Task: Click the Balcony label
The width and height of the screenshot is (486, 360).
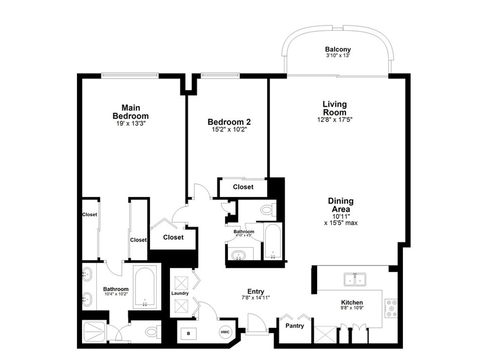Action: [338, 49]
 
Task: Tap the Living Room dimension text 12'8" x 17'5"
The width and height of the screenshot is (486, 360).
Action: [335, 119]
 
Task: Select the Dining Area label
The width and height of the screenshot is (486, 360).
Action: [341, 205]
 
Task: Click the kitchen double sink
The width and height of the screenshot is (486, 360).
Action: [355, 279]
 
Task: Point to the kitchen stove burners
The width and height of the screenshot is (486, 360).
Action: [391, 308]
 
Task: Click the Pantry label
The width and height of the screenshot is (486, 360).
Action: [294, 326]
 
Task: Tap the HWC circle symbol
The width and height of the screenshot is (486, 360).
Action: [225, 332]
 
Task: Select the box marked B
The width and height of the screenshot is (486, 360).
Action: [188, 334]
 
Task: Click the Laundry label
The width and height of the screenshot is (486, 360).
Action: [180, 293]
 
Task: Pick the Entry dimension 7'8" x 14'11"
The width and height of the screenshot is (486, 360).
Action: [256, 298]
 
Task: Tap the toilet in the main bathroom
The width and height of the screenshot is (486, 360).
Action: [153, 332]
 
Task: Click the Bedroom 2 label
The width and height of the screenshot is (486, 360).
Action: [229, 122]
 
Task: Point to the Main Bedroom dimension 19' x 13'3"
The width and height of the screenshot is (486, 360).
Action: [131, 123]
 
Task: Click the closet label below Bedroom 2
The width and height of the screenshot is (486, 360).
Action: [243, 187]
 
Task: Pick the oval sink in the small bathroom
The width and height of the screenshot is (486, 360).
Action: [239, 256]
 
